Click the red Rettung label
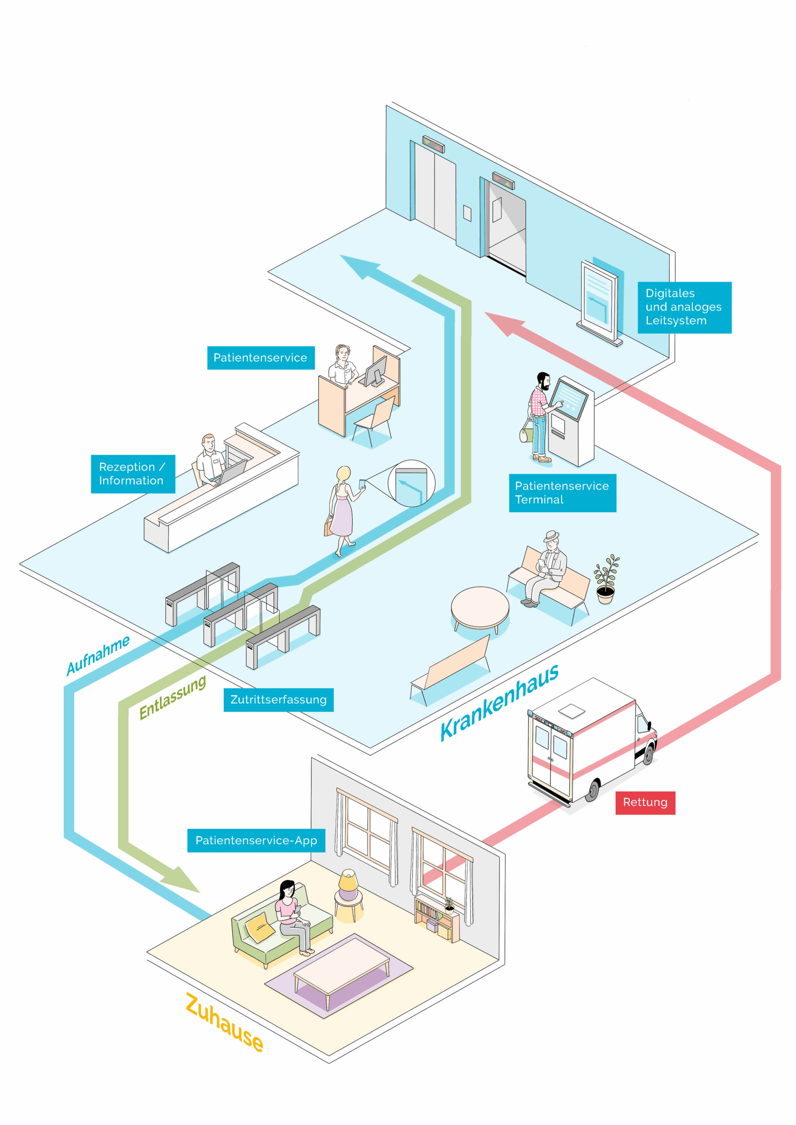(645, 802)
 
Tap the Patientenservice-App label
(256, 841)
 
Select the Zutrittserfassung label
(278, 700)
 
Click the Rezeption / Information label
(132, 474)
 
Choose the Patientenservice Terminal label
(562, 493)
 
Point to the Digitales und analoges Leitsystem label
(684, 307)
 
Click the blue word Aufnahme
(98, 655)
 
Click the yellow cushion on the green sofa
(259, 926)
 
